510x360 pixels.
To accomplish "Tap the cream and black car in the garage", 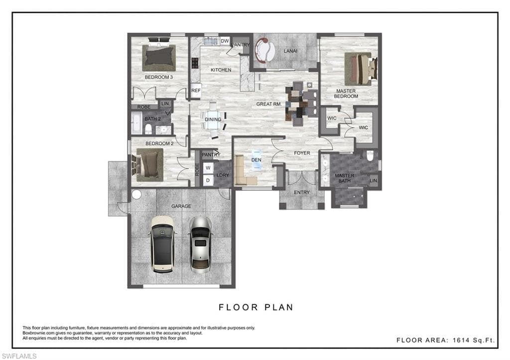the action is pyautogui.click(x=163, y=244).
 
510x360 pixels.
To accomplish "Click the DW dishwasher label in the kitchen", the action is pyautogui.click(x=225, y=41).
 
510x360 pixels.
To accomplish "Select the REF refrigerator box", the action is pyautogui.click(x=196, y=91).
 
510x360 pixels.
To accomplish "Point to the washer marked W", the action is pyautogui.click(x=208, y=168).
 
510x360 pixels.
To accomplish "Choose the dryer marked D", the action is pyautogui.click(x=208, y=180).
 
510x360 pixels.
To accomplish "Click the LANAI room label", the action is pyautogui.click(x=290, y=51).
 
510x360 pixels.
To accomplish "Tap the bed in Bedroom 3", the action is pyautogui.click(x=159, y=57).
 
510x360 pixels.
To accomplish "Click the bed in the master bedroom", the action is pyautogui.click(x=361, y=69).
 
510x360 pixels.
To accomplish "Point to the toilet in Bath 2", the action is pyautogui.click(x=148, y=129).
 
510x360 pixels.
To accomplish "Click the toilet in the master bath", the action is pyautogui.click(x=370, y=156).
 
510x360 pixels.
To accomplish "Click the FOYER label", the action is pyautogui.click(x=302, y=153).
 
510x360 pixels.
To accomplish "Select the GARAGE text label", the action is pyautogui.click(x=181, y=206).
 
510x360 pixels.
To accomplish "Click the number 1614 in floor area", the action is pyautogui.click(x=460, y=340).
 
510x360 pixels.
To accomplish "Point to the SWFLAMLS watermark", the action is pyautogui.click(x=19, y=356).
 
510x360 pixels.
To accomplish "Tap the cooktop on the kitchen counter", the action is pyautogui.click(x=195, y=63).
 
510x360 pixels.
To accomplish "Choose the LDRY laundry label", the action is pyautogui.click(x=223, y=175).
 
